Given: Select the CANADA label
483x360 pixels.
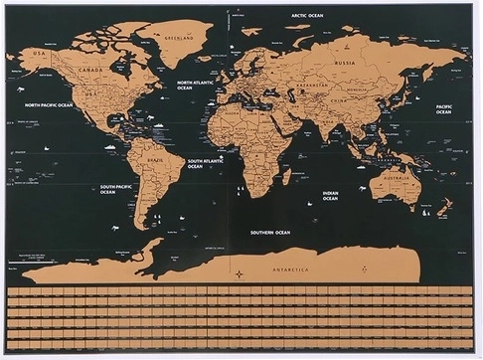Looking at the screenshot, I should pyautogui.click(x=90, y=70).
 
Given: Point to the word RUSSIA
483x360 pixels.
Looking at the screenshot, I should pyautogui.click(x=345, y=63).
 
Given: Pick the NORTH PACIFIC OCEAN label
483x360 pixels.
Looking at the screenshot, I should pyautogui.click(x=48, y=104).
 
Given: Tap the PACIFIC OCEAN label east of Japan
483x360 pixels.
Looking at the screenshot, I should pyautogui.click(x=443, y=108).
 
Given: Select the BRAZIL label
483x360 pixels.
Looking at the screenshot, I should pyautogui.click(x=156, y=158).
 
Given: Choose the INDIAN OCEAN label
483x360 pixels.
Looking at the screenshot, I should pyautogui.click(x=330, y=196).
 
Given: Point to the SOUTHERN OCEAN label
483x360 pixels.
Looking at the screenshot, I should pyautogui.click(x=269, y=232).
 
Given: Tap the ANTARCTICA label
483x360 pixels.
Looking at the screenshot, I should pyautogui.click(x=290, y=270).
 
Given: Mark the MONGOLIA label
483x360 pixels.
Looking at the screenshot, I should pyautogui.click(x=352, y=87).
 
